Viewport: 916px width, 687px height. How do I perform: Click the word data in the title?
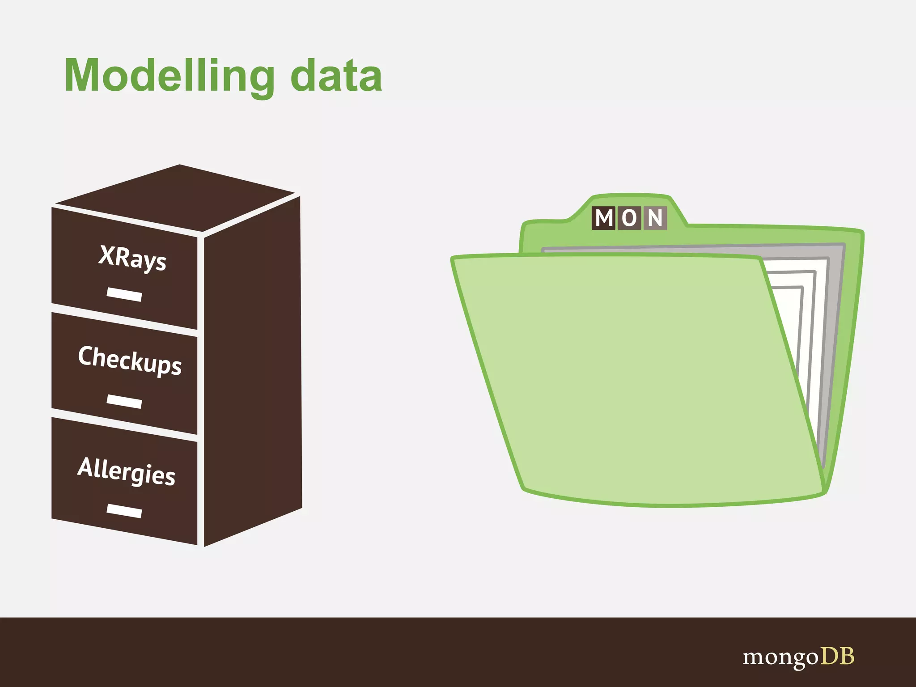pyautogui.click(x=336, y=76)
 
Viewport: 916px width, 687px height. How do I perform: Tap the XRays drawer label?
pyautogui.click(x=132, y=258)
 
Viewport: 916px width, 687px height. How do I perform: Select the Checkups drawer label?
pyautogui.click(x=130, y=360)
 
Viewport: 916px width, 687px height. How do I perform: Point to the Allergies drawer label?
pyautogui.click(x=127, y=471)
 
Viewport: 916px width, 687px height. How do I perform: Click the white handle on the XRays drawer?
pyautogui.click(x=124, y=294)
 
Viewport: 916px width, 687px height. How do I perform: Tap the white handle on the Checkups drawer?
pyautogui.click(x=124, y=401)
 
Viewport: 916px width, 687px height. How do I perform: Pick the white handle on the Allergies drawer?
pyautogui.click(x=124, y=510)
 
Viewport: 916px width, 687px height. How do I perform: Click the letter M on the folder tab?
pyautogui.click(x=604, y=218)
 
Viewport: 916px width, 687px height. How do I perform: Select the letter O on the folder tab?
pyautogui.click(x=629, y=218)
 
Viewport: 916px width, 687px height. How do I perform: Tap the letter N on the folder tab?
pyautogui.click(x=655, y=218)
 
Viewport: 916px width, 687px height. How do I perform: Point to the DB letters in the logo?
pyautogui.click(x=837, y=656)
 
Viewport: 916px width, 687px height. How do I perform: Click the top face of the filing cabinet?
pyautogui.click(x=179, y=197)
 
